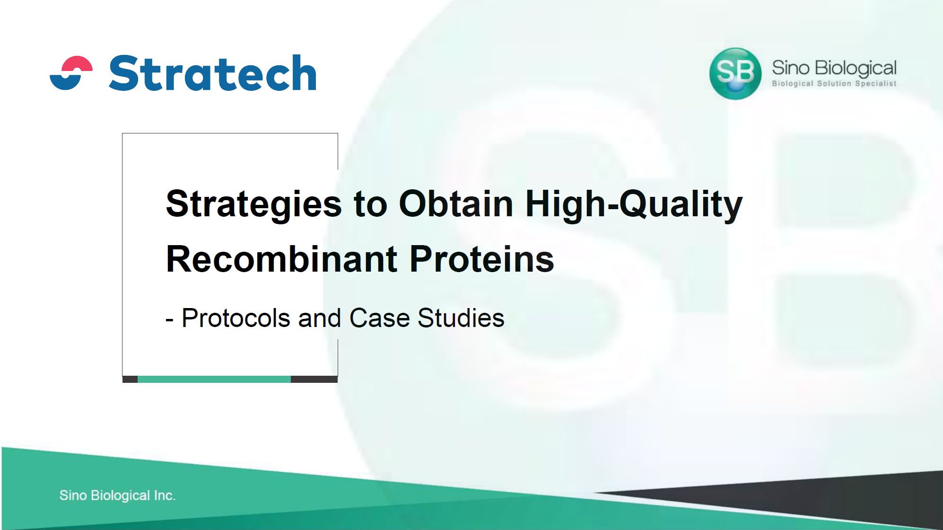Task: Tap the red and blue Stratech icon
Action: [x=71, y=73]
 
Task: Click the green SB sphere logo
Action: [x=735, y=73]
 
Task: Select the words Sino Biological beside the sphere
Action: [x=834, y=69]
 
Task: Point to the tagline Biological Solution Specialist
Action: [x=834, y=84]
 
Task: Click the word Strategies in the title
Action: [x=254, y=204]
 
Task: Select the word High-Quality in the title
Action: [x=634, y=204]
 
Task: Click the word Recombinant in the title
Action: [x=282, y=259]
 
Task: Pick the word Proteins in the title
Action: [x=482, y=259]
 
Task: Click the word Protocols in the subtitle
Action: [x=236, y=318]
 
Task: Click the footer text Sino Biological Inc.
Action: [x=117, y=495]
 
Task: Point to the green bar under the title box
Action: [x=214, y=379]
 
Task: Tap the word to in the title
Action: [x=370, y=205]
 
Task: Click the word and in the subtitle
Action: [x=320, y=318]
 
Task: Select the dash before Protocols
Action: [x=170, y=320]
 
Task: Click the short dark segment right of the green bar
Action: [x=314, y=379]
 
